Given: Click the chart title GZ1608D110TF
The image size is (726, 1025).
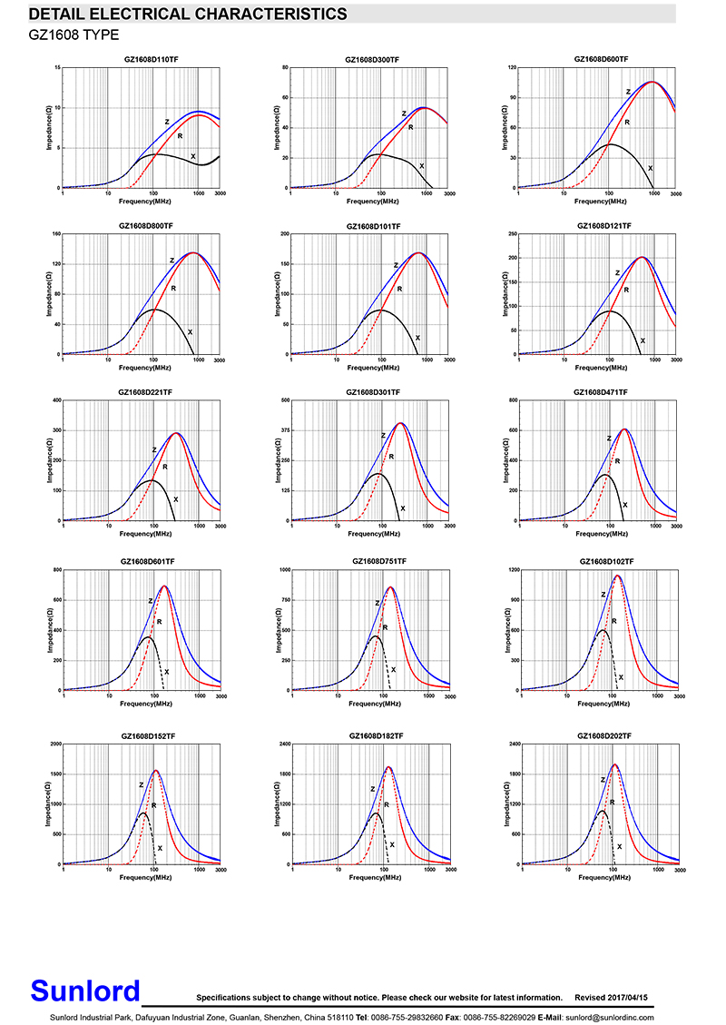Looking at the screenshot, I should [150, 59].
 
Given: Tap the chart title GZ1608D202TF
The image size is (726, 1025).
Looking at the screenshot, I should [604, 735].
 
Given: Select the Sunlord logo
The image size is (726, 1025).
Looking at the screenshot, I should [86, 991].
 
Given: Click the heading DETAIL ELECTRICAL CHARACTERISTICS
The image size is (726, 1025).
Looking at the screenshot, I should [188, 14].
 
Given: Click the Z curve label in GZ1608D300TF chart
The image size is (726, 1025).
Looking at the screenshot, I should [404, 113].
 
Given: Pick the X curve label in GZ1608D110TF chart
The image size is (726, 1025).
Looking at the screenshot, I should [192, 156].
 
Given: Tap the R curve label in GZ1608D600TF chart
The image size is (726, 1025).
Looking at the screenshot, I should [626, 122].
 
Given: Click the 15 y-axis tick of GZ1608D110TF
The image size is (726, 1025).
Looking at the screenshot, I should [57, 68].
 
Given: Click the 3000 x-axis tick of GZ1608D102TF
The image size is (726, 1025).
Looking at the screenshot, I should [678, 697].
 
